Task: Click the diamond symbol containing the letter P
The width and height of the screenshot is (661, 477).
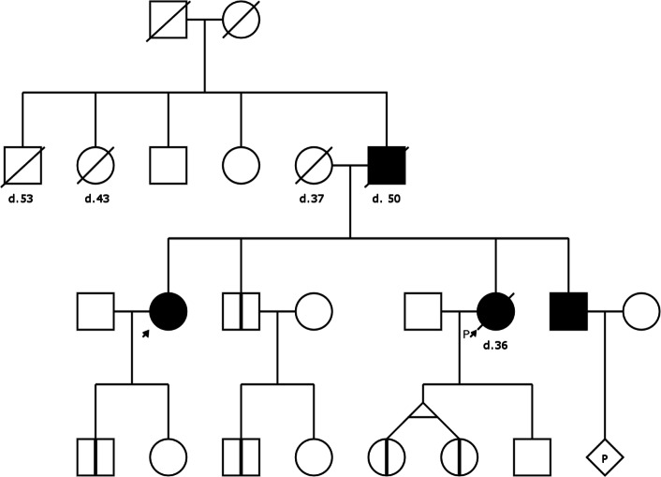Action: coord(606,458)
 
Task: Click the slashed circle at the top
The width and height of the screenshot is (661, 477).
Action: coord(242,20)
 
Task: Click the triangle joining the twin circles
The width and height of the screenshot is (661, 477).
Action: coord(422,409)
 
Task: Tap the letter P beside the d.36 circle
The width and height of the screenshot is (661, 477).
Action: coord(465,333)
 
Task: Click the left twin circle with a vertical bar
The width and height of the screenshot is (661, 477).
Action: coord(387,456)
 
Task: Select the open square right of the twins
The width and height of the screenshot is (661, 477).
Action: coord(533,456)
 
